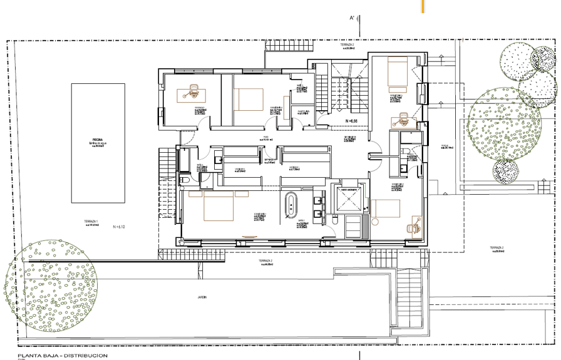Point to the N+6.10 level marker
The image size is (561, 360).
pos(118,227)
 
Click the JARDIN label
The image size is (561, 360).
pos(201,298)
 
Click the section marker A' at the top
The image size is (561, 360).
pos(353,19)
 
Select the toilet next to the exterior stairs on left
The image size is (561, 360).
pos(185,180)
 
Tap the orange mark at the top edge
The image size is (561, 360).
pos(423,6)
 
